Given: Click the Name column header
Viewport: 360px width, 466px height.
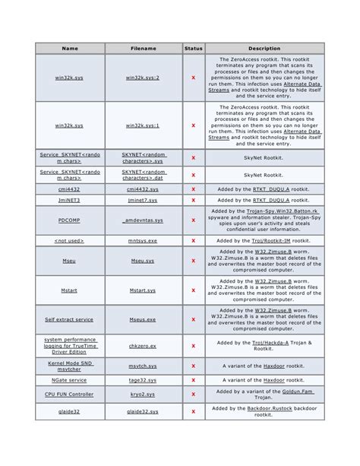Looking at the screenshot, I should pos(70,49).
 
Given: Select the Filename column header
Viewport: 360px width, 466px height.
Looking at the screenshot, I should pos(143,49).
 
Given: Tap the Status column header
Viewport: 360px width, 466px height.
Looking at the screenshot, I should pos(194,49).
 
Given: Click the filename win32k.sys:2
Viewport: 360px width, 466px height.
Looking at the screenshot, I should pos(143,78).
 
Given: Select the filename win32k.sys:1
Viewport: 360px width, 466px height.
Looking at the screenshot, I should pos(143,125).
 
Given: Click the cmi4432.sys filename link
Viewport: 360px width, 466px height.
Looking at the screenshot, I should pos(143,189).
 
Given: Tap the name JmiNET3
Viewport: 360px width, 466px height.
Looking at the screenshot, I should pos(70,200).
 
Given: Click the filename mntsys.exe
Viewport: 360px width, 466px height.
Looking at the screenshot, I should pos(143,240).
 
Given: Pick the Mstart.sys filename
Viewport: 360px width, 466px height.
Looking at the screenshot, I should pos(143,290).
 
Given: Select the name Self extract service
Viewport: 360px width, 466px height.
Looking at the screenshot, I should pos(70,319).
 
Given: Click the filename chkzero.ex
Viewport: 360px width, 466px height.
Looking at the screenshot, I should pos(143,345).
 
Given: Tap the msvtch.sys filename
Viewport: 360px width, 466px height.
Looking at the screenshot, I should pos(143,366).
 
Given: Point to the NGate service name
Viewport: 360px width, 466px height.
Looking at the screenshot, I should pos(70,379).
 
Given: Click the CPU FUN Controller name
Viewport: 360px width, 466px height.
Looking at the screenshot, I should pos(70,395).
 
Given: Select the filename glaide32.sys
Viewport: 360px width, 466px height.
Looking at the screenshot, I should pos(143,411).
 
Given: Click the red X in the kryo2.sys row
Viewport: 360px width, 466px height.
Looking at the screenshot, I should pos(194,395).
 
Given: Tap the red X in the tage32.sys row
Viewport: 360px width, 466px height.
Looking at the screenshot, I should pos(194,379).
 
